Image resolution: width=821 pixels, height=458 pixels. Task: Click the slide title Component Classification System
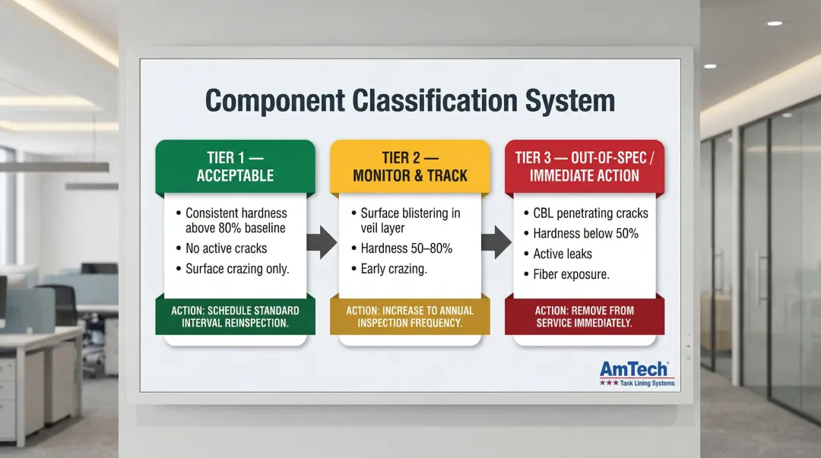click(410, 102)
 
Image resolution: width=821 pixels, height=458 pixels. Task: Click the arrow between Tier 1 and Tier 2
click(322, 242)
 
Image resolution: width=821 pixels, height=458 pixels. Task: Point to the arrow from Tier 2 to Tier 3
click(496, 242)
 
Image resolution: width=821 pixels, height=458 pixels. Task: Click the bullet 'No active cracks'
click(226, 248)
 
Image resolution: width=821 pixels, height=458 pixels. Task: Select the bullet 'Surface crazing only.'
click(236, 269)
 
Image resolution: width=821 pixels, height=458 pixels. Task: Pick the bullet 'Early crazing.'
click(393, 269)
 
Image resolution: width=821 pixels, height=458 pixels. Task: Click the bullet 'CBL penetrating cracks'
click(590, 213)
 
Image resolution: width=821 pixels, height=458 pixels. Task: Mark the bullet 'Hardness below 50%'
click(585, 234)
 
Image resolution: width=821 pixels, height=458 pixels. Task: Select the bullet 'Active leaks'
click(562, 254)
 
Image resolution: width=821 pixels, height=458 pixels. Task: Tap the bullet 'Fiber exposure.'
click(571, 275)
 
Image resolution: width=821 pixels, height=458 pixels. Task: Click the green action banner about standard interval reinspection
click(234, 317)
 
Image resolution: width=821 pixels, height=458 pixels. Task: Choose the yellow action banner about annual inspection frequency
click(410, 317)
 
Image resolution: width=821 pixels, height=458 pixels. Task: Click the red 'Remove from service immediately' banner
click(584, 317)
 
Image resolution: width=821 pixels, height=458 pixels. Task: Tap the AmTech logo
click(636, 373)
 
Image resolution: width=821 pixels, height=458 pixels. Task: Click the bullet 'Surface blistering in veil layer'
click(410, 220)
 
